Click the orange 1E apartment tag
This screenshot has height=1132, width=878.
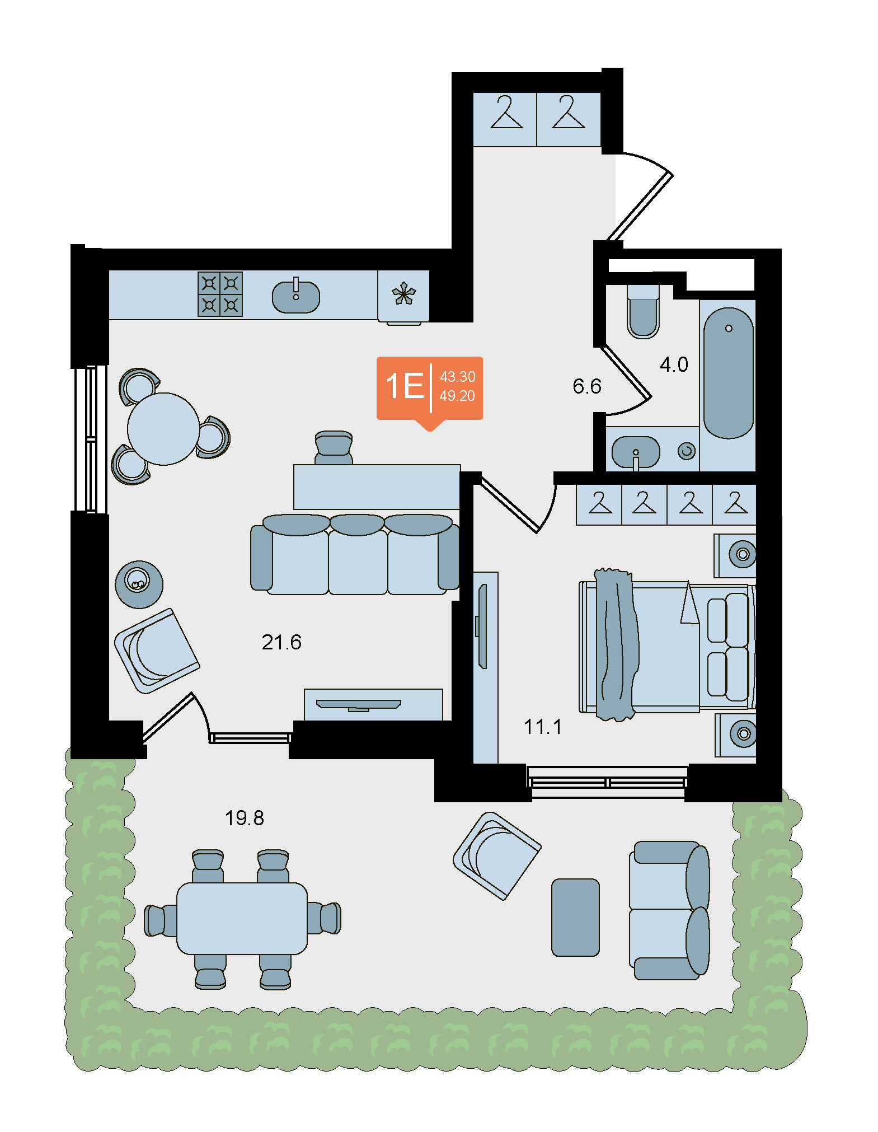tap(430, 389)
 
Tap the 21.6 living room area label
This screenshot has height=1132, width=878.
tap(281, 642)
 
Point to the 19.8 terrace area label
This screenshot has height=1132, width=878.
tap(244, 818)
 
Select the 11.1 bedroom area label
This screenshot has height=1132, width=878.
tap(543, 727)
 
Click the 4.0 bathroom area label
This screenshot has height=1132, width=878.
tap(674, 364)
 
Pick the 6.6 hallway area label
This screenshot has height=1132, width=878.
tap(587, 386)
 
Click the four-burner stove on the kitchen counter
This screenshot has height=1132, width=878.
tap(220, 294)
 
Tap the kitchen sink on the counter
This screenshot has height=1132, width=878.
tap(296, 296)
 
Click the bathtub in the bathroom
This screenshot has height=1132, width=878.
tap(729, 373)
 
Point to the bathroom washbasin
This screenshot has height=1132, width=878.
tap(636, 452)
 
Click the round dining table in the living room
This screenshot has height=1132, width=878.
tap(163, 429)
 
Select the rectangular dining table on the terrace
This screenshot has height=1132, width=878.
tap(242, 918)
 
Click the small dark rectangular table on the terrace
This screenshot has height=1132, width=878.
tap(575, 917)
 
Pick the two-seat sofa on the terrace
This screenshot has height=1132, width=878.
tap(669, 910)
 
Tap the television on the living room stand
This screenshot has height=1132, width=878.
tap(359, 705)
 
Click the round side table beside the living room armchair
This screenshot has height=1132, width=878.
tap(139, 584)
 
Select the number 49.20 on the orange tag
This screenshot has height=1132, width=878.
tap(457, 396)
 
